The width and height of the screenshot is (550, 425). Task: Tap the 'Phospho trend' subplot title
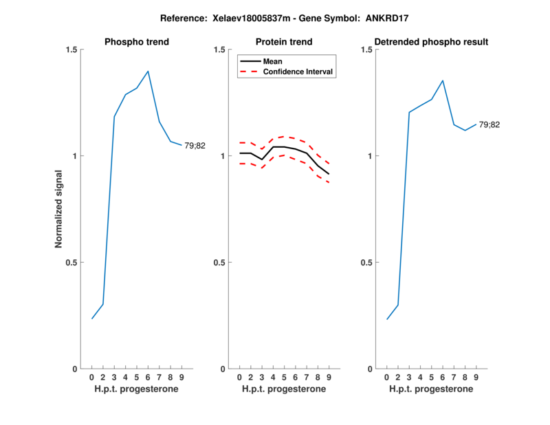pyautogui.click(x=137, y=42)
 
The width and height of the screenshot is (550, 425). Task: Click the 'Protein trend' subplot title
pyautogui.click(x=284, y=42)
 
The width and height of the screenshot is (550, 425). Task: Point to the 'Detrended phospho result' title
pyautogui.click(x=432, y=42)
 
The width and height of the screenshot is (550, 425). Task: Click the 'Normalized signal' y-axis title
pyautogui.click(x=59, y=209)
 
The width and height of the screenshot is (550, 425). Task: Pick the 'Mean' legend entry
pyautogui.click(x=273, y=61)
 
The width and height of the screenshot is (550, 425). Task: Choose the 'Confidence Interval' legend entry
pyautogui.click(x=298, y=72)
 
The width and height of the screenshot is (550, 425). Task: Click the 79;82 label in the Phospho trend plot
pyautogui.click(x=195, y=145)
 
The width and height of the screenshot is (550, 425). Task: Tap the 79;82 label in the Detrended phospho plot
pyautogui.click(x=489, y=124)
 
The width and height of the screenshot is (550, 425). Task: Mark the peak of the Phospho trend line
pyautogui.click(x=148, y=71)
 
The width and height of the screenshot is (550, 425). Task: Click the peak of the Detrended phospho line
pyautogui.click(x=443, y=80)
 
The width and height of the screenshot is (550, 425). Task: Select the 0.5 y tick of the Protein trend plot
pyautogui.click(x=221, y=263)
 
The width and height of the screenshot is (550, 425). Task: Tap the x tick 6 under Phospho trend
pyautogui.click(x=148, y=378)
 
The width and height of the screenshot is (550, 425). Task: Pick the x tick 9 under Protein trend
pyautogui.click(x=329, y=378)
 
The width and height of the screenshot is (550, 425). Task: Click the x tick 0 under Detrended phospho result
pyautogui.click(x=387, y=378)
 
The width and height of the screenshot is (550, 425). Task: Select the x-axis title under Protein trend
pyautogui.click(x=284, y=389)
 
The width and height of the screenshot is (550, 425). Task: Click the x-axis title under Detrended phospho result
pyautogui.click(x=432, y=389)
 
